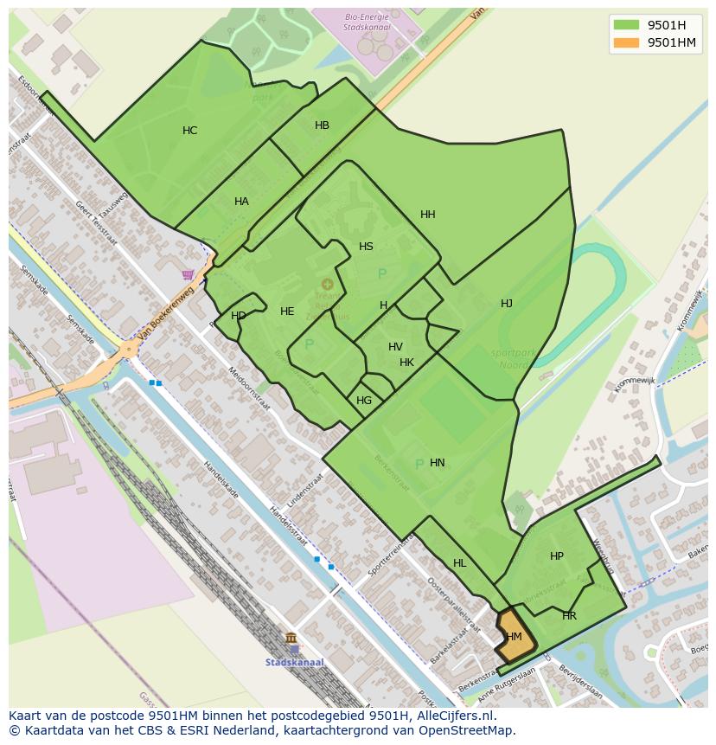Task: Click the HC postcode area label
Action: tap(189, 131)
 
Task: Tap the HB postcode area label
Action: tap(322, 125)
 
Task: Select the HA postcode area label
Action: tap(241, 202)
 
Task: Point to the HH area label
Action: tap(427, 215)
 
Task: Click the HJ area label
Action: tap(506, 304)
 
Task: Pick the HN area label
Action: tap(437, 463)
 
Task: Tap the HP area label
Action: tap(556, 556)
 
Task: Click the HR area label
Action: tap(569, 616)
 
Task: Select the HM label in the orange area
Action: tap(514, 637)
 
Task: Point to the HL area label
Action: tap(459, 563)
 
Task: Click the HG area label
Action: tap(364, 401)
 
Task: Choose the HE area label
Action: tap(287, 311)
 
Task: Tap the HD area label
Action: tap(238, 316)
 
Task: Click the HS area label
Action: tap(366, 247)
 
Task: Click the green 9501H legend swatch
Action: tap(627, 25)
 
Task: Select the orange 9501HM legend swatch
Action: tap(627, 42)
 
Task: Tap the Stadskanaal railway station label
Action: tap(294, 663)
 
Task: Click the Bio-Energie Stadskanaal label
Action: tap(368, 22)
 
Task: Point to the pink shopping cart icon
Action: tap(188, 275)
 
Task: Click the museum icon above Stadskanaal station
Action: tap(291, 639)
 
